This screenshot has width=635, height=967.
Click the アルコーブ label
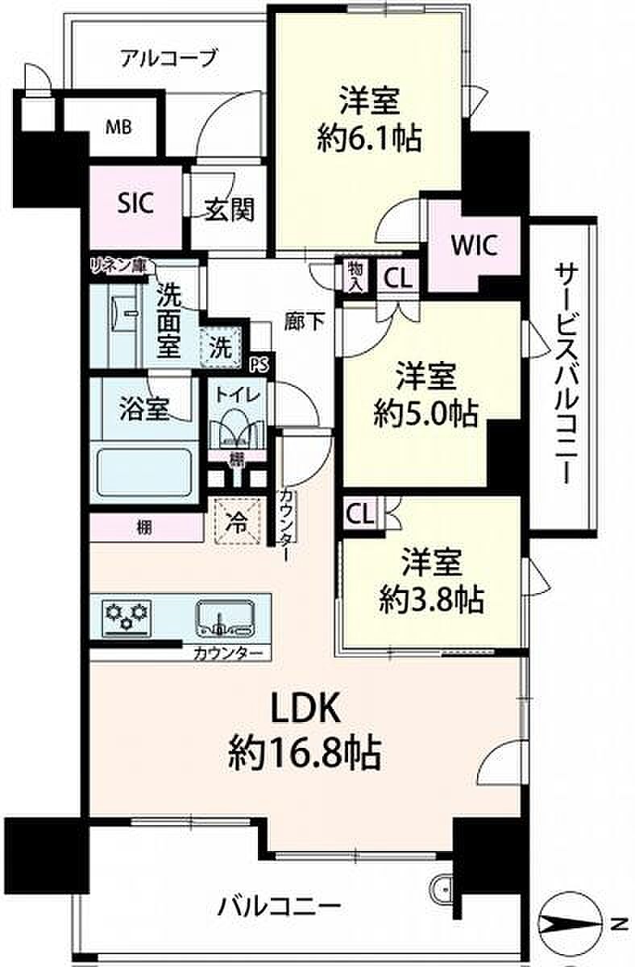(168, 58)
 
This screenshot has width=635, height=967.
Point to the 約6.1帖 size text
(370, 139)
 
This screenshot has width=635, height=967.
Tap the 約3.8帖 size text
(431, 598)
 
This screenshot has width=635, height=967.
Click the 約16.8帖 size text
(305, 755)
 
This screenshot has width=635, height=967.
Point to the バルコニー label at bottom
(278, 907)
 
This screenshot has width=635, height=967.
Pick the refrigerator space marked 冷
(238, 521)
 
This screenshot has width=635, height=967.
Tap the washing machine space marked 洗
(221, 349)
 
